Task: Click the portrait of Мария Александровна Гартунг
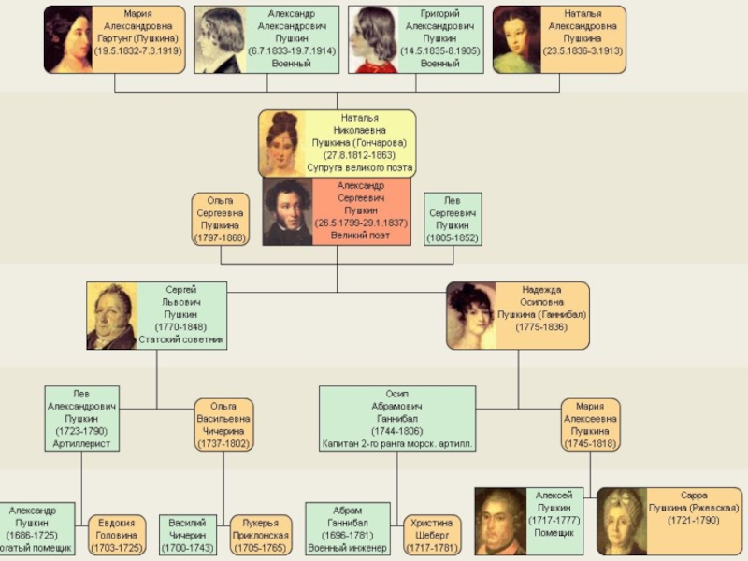(x=68, y=39)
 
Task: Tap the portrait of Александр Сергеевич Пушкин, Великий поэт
(x=287, y=212)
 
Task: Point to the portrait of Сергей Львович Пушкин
(x=111, y=316)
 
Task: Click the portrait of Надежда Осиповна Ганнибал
(x=470, y=316)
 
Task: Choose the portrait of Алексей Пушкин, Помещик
(x=500, y=522)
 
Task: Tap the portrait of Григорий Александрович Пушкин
(x=372, y=39)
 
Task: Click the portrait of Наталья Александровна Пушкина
(x=517, y=39)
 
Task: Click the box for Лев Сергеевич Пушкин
(x=453, y=220)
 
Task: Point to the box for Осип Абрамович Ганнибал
(x=397, y=419)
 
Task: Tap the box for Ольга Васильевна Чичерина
(x=224, y=425)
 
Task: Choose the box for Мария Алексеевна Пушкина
(x=590, y=425)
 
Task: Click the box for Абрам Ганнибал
(x=348, y=529)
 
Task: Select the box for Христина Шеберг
(x=433, y=535)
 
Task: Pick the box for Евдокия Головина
(x=117, y=535)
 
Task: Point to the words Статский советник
(x=181, y=339)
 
